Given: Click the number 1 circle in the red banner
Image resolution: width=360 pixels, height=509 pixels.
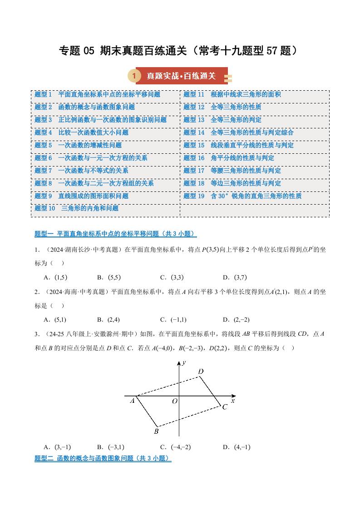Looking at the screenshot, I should pos(134,76).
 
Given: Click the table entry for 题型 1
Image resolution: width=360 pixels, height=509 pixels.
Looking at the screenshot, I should pos(97,94).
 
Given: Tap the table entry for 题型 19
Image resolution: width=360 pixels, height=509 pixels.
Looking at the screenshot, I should pos(242,196).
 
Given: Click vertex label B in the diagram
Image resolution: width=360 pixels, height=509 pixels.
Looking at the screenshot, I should pos(156,431).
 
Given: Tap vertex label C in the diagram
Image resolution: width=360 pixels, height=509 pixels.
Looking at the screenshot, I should pos(224,407).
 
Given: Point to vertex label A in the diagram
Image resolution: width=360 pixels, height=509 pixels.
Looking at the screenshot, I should pos(133,401).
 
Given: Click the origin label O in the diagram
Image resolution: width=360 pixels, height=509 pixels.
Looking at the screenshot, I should pos(174,401).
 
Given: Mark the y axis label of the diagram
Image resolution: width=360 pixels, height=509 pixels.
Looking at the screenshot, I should pos(184,362).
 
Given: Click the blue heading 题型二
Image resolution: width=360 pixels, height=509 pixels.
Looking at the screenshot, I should pos(103,459).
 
